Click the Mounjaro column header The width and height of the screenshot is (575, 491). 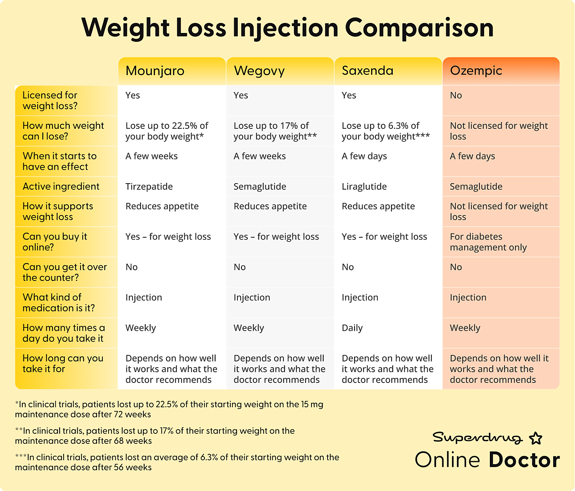tap(155, 71)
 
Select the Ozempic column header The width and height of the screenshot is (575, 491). tap(476, 71)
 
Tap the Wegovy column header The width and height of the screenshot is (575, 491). tap(259, 71)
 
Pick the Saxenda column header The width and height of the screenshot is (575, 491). tap(367, 71)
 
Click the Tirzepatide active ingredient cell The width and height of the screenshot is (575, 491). tap(149, 187)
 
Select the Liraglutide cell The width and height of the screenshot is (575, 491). tap(364, 187)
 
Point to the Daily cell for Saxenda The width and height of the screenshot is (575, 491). tap(352, 328)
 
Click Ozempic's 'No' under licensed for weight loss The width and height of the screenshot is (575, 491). tap(456, 95)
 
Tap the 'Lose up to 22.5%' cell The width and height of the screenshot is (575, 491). tap(167, 131)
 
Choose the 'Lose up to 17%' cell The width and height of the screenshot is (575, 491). tap(275, 131)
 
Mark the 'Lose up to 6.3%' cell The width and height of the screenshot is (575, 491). tap(386, 131)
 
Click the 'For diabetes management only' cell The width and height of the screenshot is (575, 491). tap(488, 242)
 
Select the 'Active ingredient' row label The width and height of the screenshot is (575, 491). tap(61, 187)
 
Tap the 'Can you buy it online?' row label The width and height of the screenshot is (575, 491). tap(55, 242)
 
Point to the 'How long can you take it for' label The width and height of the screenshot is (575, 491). tap(63, 363)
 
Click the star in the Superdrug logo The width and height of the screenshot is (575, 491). tap(535, 438)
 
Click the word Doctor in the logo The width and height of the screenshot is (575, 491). tap(524, 460)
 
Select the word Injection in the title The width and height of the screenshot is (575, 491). tap(285, 28)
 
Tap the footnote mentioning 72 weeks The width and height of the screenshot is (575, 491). tap(169, 409)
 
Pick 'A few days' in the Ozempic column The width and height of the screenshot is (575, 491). tap(472, 156)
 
